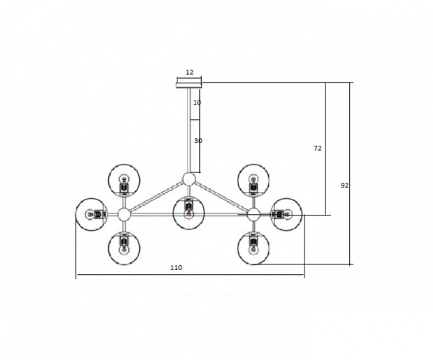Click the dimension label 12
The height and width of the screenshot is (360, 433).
click(x=189, y=73)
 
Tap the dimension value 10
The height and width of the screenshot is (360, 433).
click(x=197, y=103)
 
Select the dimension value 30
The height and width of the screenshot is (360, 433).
click(x=198, y=141)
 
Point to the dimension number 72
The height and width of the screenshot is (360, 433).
click(x=318, y=149)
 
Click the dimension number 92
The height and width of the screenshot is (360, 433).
click(x=344, y=186)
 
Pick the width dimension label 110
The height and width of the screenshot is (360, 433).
click(x=176, y=268)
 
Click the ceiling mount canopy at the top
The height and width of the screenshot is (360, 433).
click(x=189, y=83)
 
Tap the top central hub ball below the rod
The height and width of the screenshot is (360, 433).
click(x=189, y=179)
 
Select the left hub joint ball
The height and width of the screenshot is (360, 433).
click(x=124, y=214)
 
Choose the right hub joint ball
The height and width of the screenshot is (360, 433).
click(x=254, y=214)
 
